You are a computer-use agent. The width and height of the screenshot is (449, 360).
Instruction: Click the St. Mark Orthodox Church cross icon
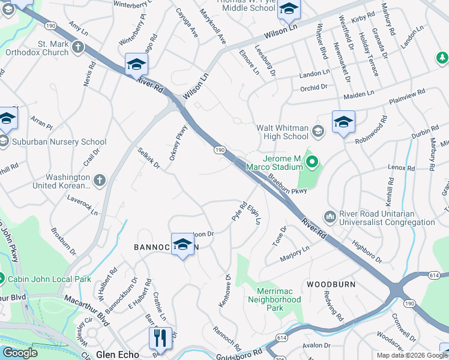point(78,46)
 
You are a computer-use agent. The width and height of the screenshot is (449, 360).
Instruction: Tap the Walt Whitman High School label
point(283,132)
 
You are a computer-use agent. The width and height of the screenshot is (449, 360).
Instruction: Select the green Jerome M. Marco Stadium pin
point(312,161)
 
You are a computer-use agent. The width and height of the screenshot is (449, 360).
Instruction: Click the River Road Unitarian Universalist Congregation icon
point(329,216)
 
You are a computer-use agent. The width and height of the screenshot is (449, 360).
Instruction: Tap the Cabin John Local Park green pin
point(2,279)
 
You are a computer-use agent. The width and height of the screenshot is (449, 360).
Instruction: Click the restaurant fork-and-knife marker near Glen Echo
point(160,337)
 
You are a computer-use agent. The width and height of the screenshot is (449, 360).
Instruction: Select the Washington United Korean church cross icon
point(100,179)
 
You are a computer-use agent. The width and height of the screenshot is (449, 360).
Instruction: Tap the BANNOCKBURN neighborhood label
point(165,247)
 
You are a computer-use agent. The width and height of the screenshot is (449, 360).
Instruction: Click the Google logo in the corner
point(20,353)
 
